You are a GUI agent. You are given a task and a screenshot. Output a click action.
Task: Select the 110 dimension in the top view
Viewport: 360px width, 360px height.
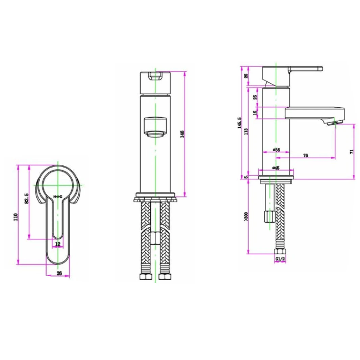(x=15, y=217)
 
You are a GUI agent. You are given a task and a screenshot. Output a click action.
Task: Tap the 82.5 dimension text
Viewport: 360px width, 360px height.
(x=27, y=199)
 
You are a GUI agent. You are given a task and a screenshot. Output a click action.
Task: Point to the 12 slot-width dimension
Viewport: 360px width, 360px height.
(x=57, y=243)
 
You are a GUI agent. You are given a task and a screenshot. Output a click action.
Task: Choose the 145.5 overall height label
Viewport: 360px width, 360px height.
(x=239, y=122)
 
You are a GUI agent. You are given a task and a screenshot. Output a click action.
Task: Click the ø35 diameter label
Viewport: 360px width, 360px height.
(x=276, y=150)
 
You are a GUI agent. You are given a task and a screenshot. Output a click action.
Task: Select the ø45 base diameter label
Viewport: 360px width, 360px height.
(x=276, y=168)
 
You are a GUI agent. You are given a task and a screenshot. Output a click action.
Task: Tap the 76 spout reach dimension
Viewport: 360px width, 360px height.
(x=305, y=156)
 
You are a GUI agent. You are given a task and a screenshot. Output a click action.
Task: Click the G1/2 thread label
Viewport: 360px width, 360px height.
(x=280, y=259)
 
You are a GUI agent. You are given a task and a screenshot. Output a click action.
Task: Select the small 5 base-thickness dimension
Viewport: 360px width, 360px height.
(x=246, y=177)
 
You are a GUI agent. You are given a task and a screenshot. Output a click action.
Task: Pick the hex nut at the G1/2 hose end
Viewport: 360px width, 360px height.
(x=280, y=252)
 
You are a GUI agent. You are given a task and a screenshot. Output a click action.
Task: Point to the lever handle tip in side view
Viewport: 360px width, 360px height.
(x=320, y=69)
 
